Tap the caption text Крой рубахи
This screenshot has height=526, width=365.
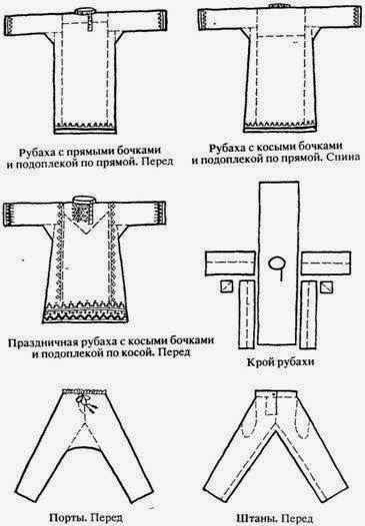281,362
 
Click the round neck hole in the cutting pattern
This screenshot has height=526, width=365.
277,263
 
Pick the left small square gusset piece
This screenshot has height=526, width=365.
227,286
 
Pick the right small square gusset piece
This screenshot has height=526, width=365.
326,287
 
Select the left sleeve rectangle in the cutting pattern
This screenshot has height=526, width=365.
230,263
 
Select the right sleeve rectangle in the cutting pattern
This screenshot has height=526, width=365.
326,263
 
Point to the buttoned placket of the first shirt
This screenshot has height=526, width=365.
90,23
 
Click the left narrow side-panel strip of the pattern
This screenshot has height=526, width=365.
247,315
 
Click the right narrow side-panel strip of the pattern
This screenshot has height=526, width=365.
309,315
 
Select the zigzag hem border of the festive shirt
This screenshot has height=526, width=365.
85,312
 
